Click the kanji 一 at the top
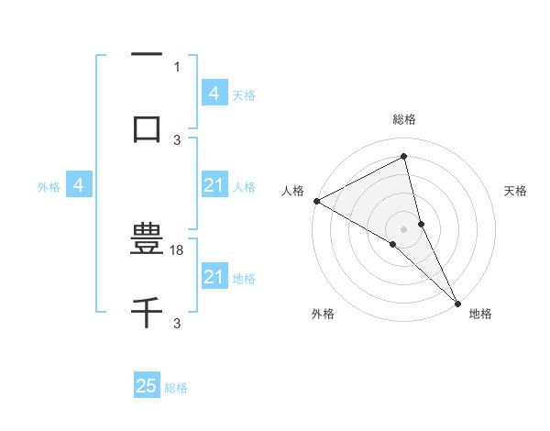[x=147, y=56]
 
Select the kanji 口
[x=147, y=127]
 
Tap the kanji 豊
[x=147, y=242]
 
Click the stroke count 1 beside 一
[x=176, y=66]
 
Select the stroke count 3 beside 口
[x=177, y=139]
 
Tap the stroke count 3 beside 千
[x=177, y=324]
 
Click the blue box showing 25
[x=147, y=386]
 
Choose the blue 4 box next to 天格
[x=214, y=93]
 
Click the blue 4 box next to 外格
[x=79, y=186]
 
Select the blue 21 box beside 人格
[x=214, y=186]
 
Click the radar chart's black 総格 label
[x=404, y=119]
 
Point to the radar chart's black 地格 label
[x=480, y=314]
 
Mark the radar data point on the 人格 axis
[x=316, y=201]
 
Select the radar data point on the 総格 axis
[x=404, y=156]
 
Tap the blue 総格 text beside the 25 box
[x=176, y=388]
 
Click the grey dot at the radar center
[x=404, y=228]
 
